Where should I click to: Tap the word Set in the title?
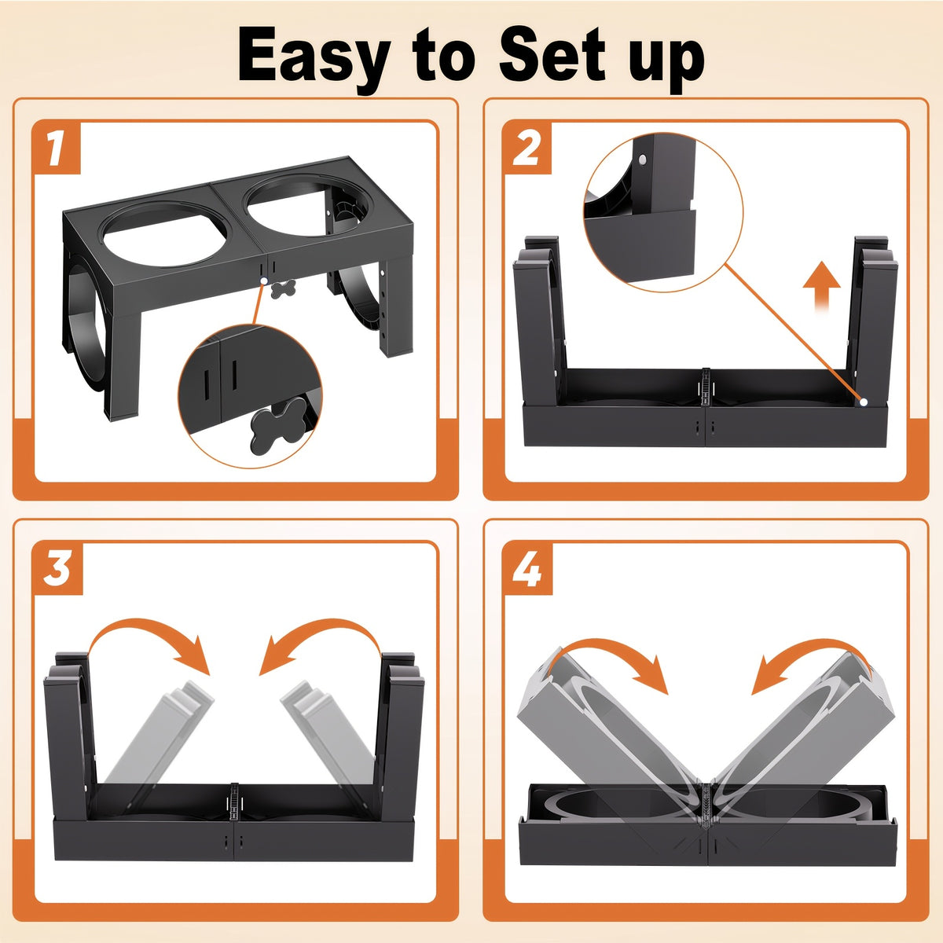point(552,54)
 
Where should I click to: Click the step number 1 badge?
point(57,149)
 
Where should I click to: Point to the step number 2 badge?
point(527,149)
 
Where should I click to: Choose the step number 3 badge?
point(57,569)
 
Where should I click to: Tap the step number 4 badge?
point(528,569)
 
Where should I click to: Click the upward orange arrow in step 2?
point(822,284)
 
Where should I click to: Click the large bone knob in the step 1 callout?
point(277,424)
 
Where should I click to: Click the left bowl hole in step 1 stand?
point(164,234)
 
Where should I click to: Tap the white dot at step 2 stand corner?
point(863,402)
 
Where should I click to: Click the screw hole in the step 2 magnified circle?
point(641,159)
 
